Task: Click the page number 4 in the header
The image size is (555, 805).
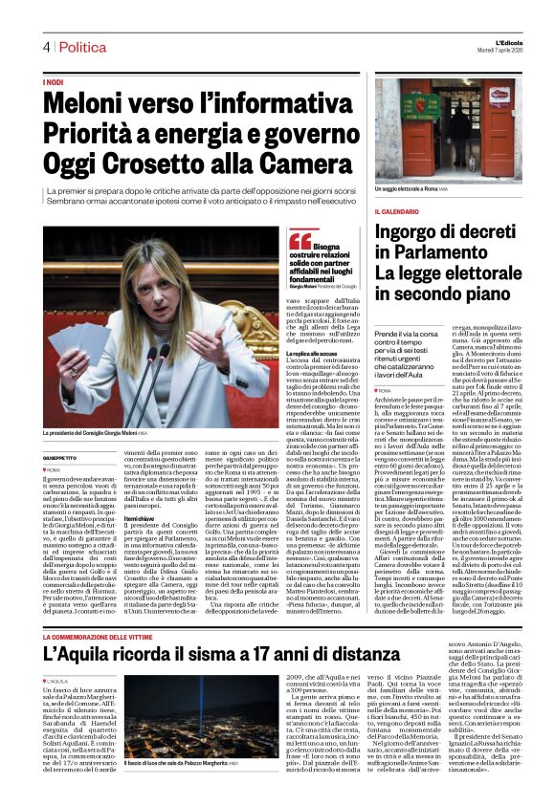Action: click(46, 47)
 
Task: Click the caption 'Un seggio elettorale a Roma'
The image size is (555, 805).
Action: click(411, 190)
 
